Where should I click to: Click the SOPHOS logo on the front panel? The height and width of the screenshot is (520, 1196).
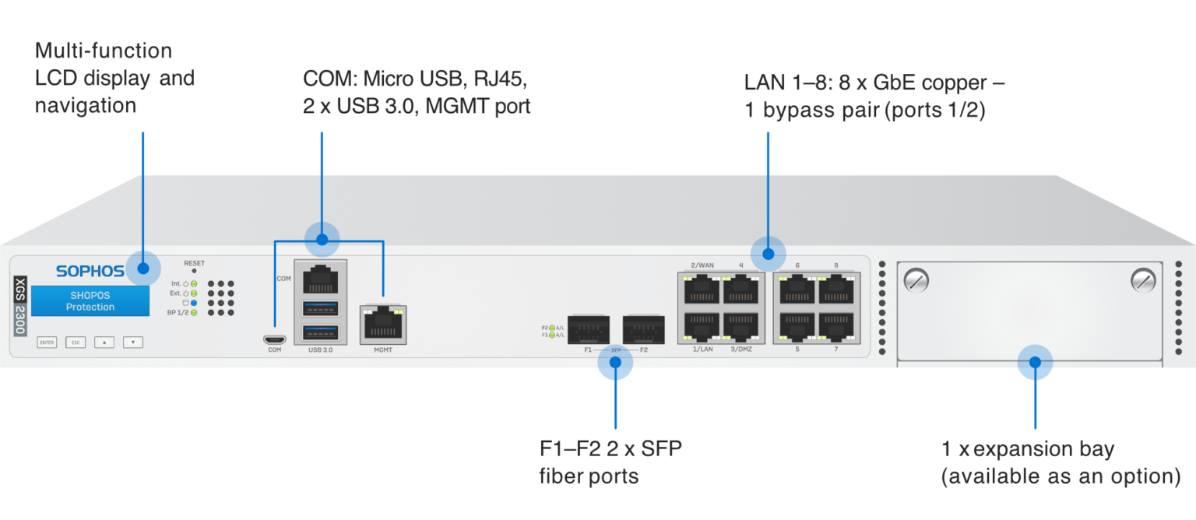(x=90, y=271)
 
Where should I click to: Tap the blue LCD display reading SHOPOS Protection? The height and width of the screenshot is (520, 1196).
(x=90, y=301)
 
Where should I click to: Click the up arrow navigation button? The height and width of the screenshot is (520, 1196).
(x=104, y=342)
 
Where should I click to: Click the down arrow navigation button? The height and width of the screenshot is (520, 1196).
(x=133, y=342)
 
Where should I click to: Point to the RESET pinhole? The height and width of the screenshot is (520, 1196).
(x=194, y=271)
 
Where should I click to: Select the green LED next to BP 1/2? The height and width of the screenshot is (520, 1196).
(x=194, y=312)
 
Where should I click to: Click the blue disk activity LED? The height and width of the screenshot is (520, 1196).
(x=194, y=303)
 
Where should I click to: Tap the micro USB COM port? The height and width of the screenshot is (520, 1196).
(x=274, y=339)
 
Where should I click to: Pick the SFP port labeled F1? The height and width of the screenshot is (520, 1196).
(x=588, y=329)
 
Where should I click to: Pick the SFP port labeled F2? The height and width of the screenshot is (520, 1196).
(x=643, y=329)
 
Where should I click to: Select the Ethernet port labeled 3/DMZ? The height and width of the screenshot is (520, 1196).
(x=740, y=327)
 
